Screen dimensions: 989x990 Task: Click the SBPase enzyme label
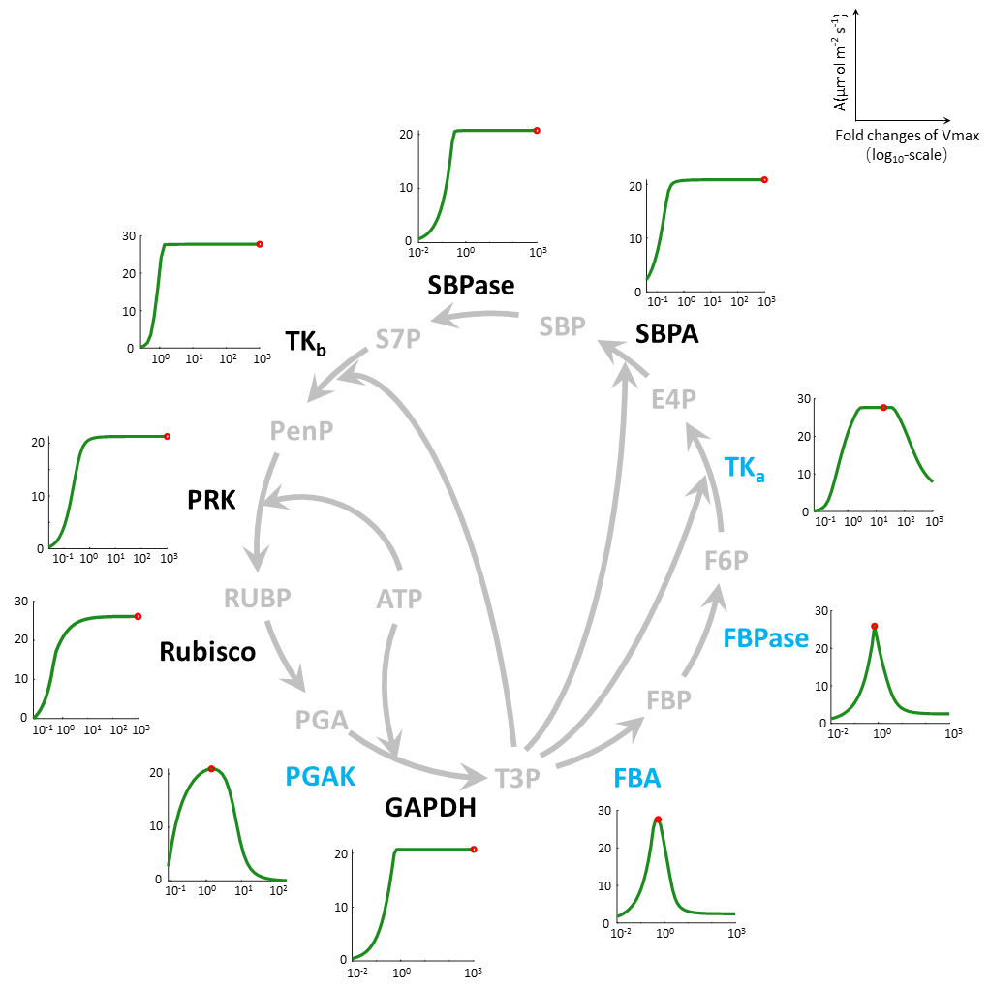tap(471, 286)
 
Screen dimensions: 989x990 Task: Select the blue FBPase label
tap(765, 638)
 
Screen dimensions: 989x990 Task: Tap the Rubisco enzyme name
tap(207, 652)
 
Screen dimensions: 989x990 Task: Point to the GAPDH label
tap(430, 808)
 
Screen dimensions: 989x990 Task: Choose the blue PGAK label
tap(320, 777)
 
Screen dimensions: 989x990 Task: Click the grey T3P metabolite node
tap(517, 779)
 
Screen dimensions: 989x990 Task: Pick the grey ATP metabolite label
tap(399, 599)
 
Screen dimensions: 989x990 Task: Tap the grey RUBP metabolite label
tap(257, 598)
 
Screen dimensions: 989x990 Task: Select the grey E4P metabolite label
tap(674, 399)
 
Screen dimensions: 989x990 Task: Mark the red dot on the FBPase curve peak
tap(874, 627)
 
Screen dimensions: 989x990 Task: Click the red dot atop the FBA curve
tap(658, 820)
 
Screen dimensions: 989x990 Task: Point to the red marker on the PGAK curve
tap(211, 769)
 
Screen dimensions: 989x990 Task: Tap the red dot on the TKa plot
tap(883, 407)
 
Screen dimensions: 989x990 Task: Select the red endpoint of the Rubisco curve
tap(138, 617)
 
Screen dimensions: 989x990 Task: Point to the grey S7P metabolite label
tap(398, 340)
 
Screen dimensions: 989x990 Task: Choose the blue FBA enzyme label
tap(637, 778)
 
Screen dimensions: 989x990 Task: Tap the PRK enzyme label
tap(211, 500)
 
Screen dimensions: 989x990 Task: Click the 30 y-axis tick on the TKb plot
tap(129, 236)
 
